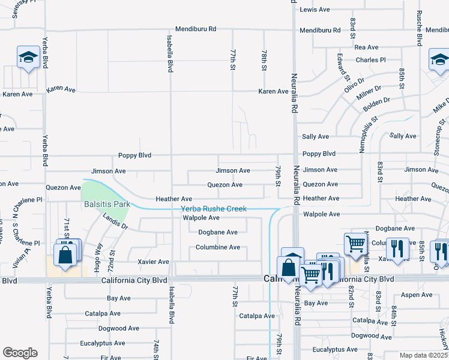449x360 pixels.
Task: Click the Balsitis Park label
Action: click(x=106, y=204)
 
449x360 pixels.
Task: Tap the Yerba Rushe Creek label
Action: click(x=214, y=209)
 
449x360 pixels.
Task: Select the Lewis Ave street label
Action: click(x=315, y=10)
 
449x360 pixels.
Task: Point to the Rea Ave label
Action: click(x=366, y=47)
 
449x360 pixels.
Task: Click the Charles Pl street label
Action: click(x=370, y=60)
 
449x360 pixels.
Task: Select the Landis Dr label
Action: click(x=115, y=221)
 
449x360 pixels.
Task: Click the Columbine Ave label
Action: click(x=218, y=247)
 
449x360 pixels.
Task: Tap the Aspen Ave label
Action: click(x=417, y=295)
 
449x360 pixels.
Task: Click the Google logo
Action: click(x=20, y=353)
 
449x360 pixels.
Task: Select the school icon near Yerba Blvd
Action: click(x=28, y=58)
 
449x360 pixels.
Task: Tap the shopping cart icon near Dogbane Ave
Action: click(x=355, y=244)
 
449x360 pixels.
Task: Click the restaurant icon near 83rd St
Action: click(x=397, y=248)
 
